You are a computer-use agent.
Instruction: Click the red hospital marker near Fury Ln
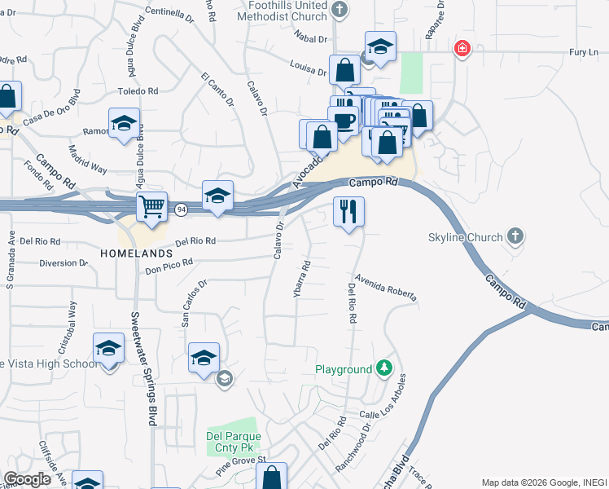point(462,49)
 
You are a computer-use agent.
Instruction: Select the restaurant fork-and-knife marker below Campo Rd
point(348,212)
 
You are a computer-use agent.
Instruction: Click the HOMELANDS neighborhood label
point(137,254)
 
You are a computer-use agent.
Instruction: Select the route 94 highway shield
point(179,210)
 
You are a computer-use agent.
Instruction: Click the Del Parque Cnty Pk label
point(232,441)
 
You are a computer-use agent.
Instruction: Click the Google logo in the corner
point(27,479)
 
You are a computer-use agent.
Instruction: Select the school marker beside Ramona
point(124,124)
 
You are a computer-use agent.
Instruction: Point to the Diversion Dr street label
point(63,262)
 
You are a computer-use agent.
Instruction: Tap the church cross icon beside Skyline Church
point(514,237)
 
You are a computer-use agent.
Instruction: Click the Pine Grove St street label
point(241,465)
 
